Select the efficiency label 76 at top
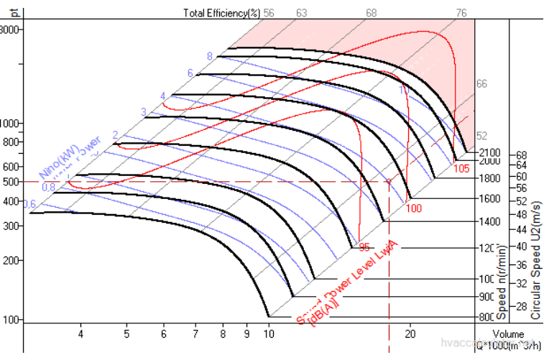[462, 13]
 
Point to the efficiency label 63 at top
[301, 13]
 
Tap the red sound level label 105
[463, 168]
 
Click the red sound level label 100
[414, 208]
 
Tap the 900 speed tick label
[487, 297]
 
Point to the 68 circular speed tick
[522, 154]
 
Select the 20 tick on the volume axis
[411, 334]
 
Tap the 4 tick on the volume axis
[81, 334]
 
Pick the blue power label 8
[210, 56]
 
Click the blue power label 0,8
[48, 187]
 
